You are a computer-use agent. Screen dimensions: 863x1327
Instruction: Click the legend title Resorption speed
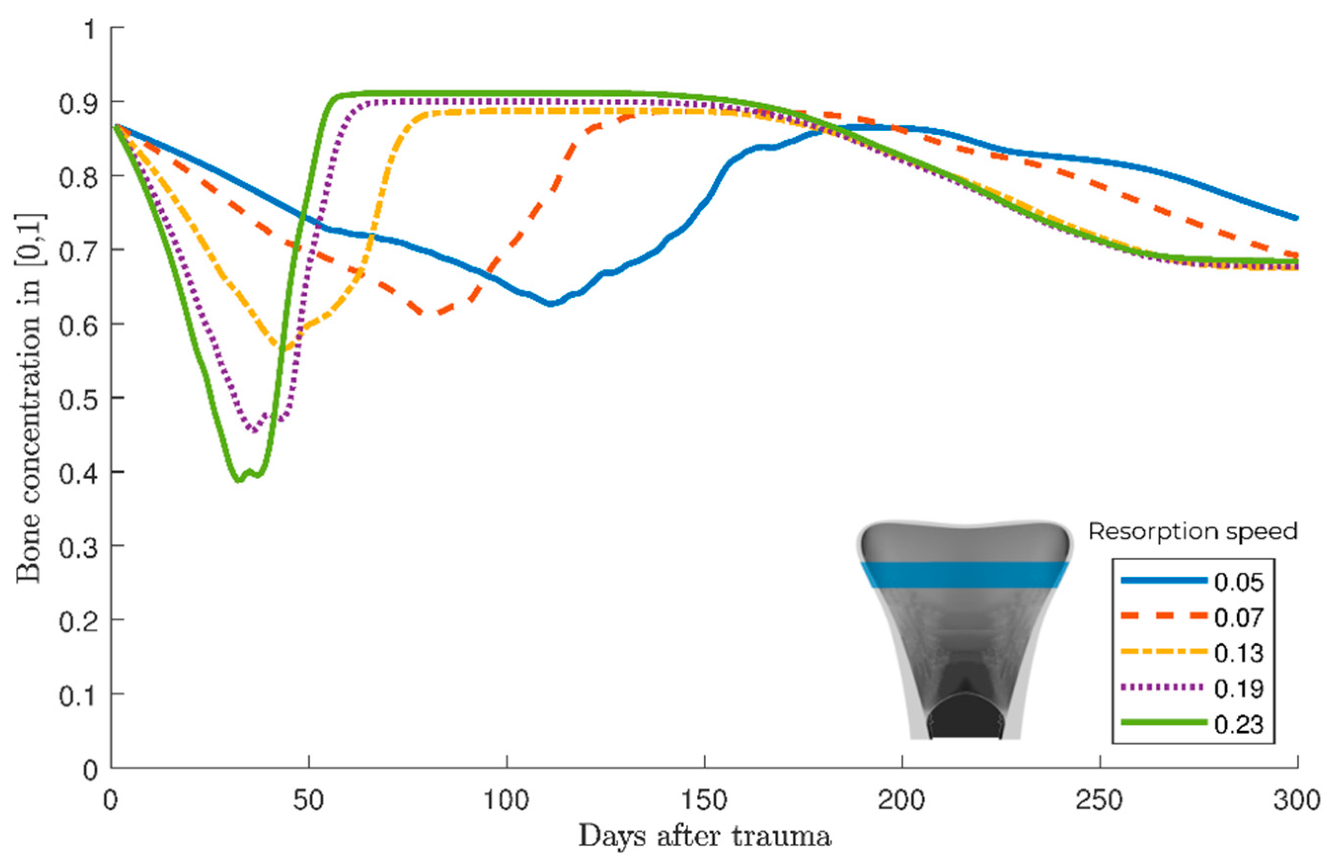[1193, 532]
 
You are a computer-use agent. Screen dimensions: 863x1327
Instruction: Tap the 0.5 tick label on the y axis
[78, 399]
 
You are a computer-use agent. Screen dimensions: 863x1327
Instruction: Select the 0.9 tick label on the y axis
[78, 103]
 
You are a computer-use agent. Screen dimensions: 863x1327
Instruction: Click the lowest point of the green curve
[239, 480]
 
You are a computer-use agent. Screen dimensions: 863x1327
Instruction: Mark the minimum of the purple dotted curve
[254, 431]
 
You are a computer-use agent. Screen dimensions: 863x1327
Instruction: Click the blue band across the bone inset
[964, 575]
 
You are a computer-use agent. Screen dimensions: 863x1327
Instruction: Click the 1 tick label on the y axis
[89, 29]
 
